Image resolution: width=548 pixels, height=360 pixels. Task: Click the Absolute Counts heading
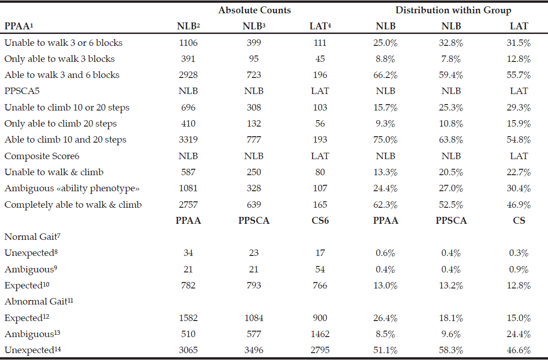click(x=254, y=10)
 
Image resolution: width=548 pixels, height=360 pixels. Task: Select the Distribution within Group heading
click(x=453, y=10)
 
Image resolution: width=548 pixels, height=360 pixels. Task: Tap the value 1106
click(x=188, y=43)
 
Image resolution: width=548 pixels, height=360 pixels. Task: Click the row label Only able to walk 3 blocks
click(x=59, y=59)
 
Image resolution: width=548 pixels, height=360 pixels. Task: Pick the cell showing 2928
click(x=188, y=75)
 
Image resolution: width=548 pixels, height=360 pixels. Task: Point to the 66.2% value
click(x=386, y=75)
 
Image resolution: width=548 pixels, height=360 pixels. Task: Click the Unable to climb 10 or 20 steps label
click(x=67, y=108)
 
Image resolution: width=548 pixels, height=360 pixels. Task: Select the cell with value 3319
click(x=188, y=139)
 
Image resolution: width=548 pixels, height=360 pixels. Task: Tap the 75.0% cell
click(x=386, y=139)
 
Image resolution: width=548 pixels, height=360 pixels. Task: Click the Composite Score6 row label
click(x=42, y=156)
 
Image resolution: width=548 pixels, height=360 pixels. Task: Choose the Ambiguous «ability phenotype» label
click(x=72, y=188)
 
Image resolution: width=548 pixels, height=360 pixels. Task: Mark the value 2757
click(x=188, y=204)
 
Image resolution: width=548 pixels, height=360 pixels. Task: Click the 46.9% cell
click(x=519, y=204)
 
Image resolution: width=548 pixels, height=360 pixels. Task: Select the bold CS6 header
click(x=320, y=220)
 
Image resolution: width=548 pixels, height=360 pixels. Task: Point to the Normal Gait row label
click(x=33, y=236)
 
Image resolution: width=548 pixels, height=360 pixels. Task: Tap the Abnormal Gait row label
click(x=39, y=301)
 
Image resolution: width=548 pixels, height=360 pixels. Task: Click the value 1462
click(x=320, y=334)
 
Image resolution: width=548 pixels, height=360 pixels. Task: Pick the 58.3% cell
click(x=451, y=350)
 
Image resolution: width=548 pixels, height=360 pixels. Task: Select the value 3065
click(x=188, y=350)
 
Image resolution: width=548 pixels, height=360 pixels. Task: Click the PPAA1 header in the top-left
click(x=19, y=26)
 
